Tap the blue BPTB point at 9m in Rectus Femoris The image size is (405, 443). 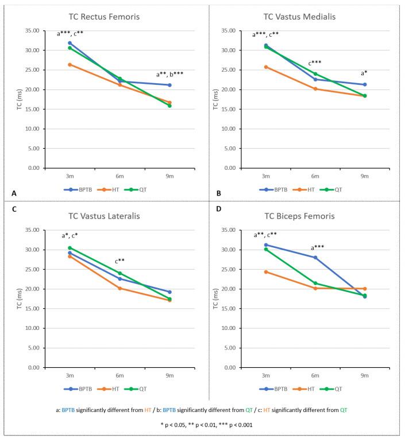169,85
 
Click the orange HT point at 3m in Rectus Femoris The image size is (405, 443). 70,65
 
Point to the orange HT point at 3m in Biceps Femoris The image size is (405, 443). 265,271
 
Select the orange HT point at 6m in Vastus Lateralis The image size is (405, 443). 119,288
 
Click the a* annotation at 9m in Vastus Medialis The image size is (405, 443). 364,73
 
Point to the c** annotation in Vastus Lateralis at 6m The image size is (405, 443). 119,261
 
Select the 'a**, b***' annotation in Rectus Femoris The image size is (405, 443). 169,74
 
